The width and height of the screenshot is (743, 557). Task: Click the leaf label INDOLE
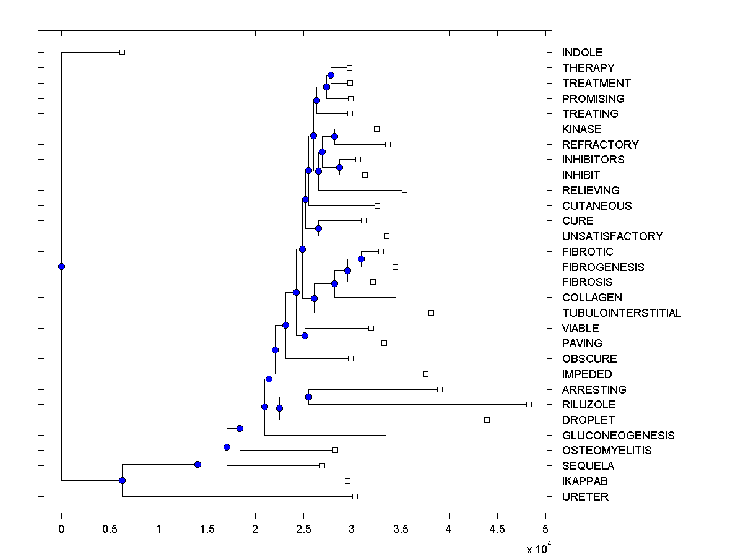coord(582,53)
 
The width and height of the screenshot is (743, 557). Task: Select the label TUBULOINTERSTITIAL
coord(622,313)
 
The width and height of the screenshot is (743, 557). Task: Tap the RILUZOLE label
coord(589,405)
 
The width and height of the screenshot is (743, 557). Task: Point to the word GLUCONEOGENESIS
coord(618,436)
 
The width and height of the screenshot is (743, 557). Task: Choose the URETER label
coord(585,497)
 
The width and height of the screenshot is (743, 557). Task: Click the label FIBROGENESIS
coord(603,267)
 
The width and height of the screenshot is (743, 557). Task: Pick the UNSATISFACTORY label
coord(612,236)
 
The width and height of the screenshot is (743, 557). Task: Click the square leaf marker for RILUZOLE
coord(529,404)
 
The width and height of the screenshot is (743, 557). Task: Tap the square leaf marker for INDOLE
coord(122,52)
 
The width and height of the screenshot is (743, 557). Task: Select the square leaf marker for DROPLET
coord(487,420)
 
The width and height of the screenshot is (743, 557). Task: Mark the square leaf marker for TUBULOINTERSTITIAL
coord(431,313)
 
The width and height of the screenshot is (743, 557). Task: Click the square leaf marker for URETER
coord(355,496)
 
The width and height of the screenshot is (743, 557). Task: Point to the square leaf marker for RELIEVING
coord(404,190)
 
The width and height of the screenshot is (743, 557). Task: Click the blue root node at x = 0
coord(61,266)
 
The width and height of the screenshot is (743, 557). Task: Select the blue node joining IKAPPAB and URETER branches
coord(122,481)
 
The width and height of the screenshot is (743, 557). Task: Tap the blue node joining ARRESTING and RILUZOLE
coord(308,397)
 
